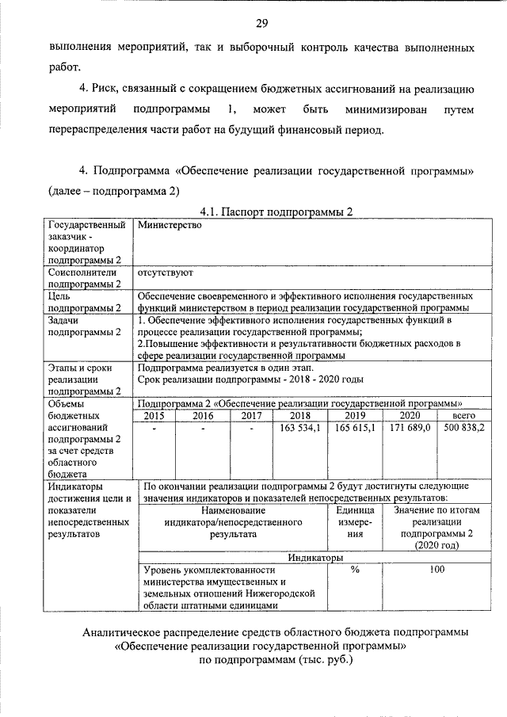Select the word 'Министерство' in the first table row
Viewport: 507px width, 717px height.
point(170,224)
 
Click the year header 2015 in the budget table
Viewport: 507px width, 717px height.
point(154,415)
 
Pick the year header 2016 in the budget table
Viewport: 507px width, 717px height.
point(203,415)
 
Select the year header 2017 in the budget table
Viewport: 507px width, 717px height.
point(251,415)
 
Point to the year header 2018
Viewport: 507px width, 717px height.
point(300,415)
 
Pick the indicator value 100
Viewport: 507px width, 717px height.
point(436,569)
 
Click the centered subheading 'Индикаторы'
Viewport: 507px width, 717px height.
point(315,557)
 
